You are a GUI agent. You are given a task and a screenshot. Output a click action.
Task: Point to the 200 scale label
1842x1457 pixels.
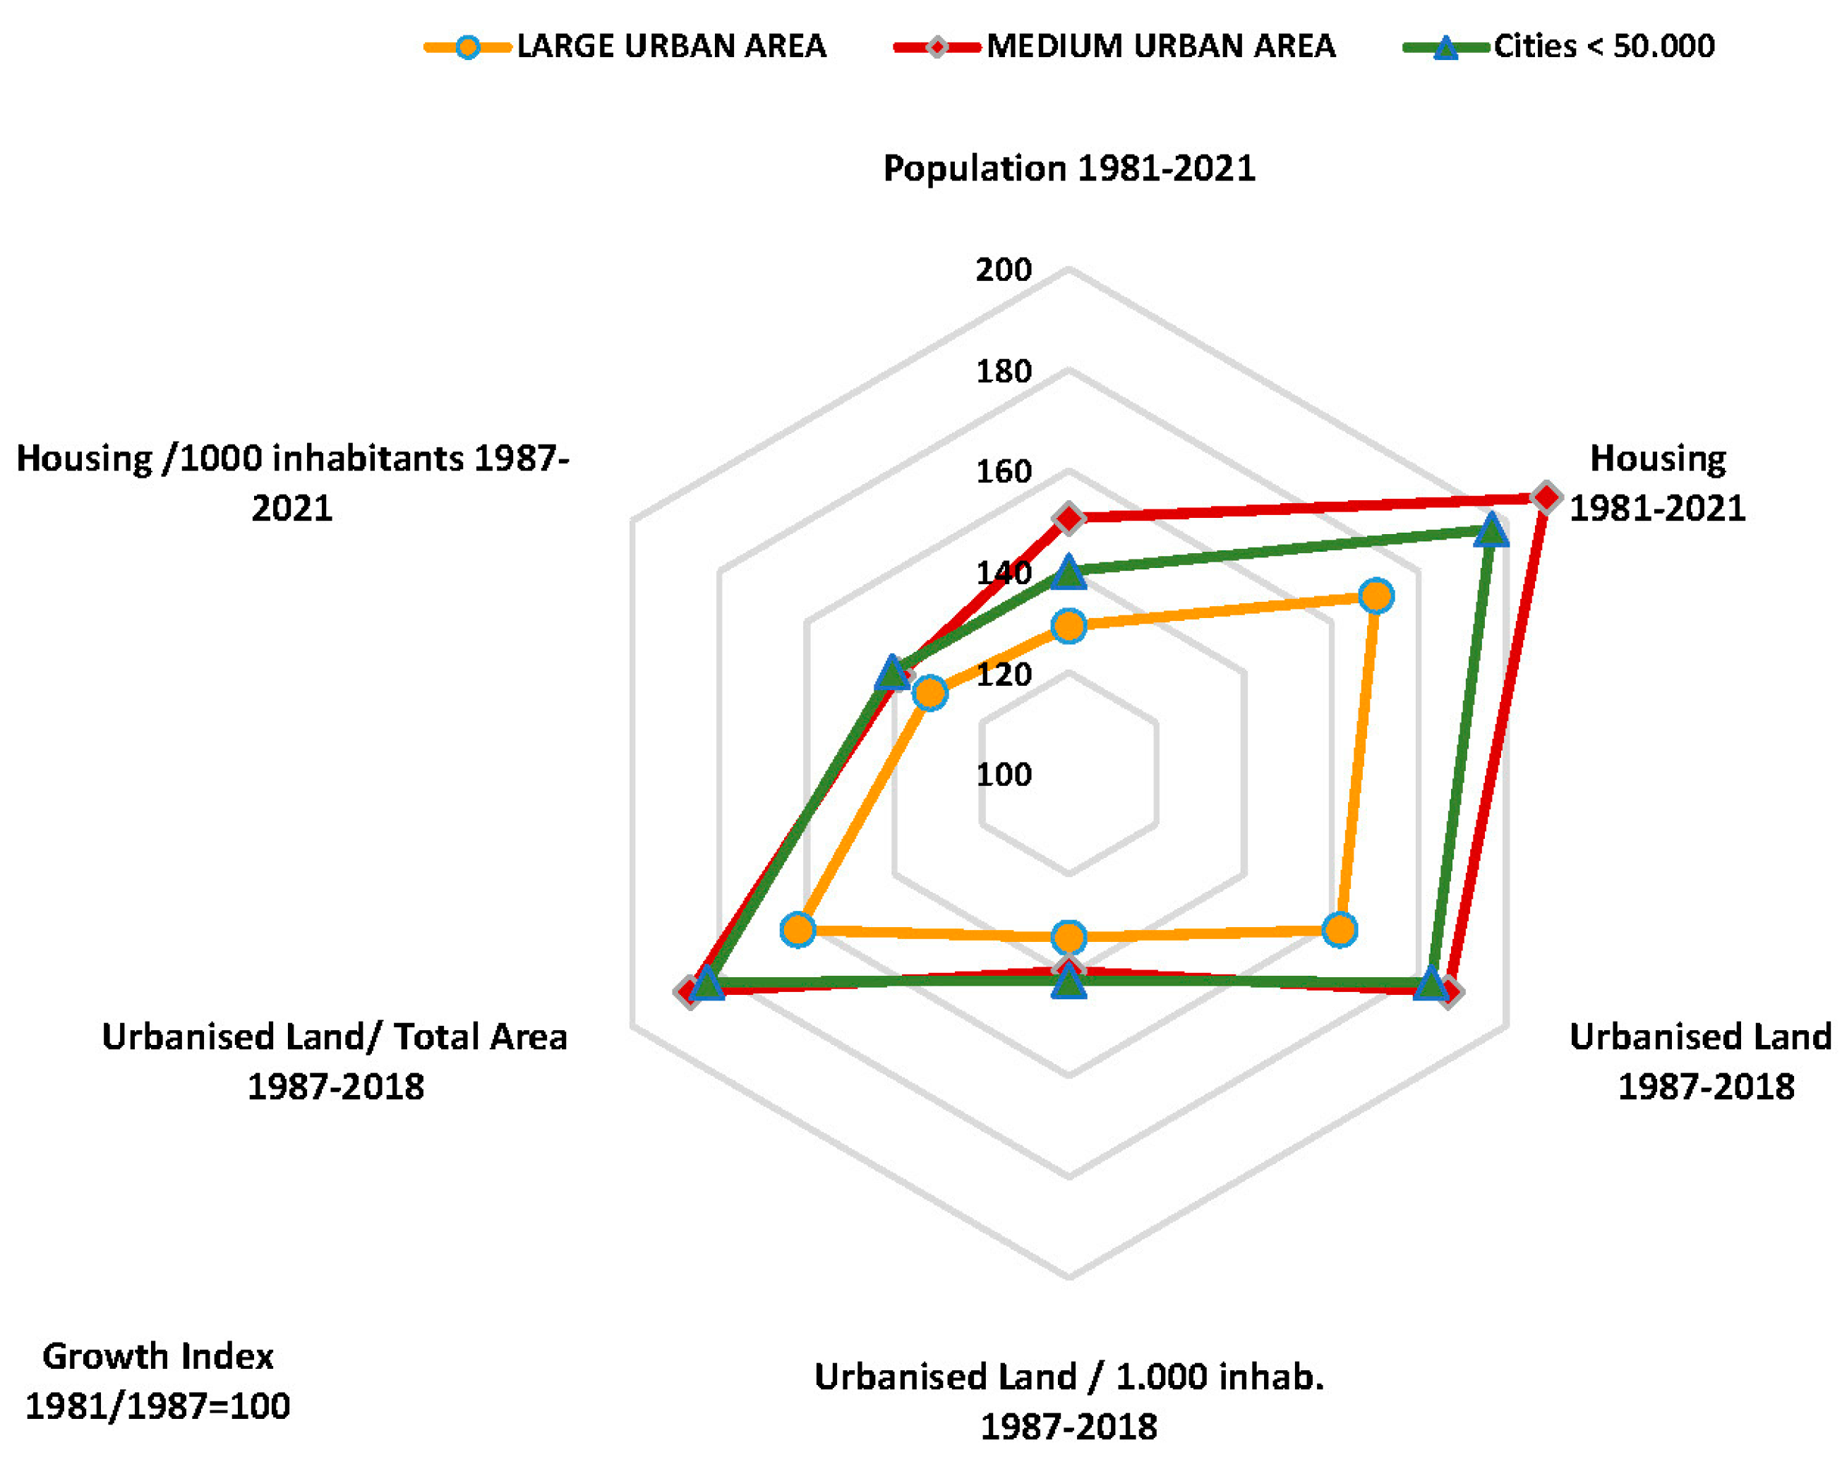(1004, 270)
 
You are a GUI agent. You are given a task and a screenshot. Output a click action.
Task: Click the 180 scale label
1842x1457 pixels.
(1004, 371)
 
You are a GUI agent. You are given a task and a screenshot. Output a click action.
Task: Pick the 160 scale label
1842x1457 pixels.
(1004, 472)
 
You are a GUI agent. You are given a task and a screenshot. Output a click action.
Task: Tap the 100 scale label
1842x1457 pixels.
(1004, 775)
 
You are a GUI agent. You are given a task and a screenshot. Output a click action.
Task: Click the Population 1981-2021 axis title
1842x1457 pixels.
(1069, 168)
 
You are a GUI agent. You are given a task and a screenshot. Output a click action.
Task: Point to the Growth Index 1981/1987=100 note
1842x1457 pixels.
(158, 1381)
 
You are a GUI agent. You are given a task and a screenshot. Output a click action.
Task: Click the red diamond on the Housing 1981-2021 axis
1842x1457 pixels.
(1545, 497)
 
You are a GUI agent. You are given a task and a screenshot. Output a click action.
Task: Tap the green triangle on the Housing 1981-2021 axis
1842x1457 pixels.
(1490, 531)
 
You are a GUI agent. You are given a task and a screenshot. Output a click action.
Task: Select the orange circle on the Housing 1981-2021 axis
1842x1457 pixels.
(1376, 596)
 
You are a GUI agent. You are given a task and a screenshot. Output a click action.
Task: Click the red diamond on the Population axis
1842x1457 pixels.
(1069, 518)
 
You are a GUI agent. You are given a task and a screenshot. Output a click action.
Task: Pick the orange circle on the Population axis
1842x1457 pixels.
(1069, 626)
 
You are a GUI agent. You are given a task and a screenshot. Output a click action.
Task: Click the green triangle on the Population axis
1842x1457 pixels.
(1069, 573)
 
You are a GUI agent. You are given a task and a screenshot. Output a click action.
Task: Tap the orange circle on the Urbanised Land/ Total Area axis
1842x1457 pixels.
(797, 929)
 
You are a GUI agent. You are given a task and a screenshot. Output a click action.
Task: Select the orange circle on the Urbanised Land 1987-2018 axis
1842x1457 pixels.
(1339, 929)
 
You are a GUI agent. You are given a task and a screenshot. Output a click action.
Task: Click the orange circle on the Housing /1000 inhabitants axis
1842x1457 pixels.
(929, 693)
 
